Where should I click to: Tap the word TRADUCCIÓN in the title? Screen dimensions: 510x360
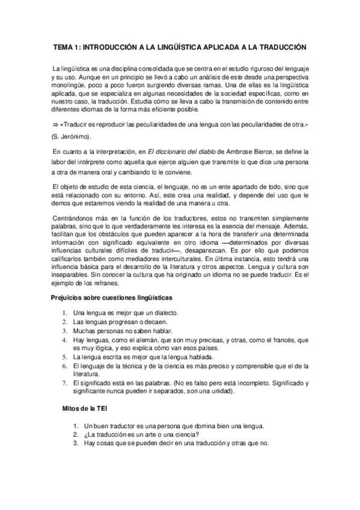[279, 47]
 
